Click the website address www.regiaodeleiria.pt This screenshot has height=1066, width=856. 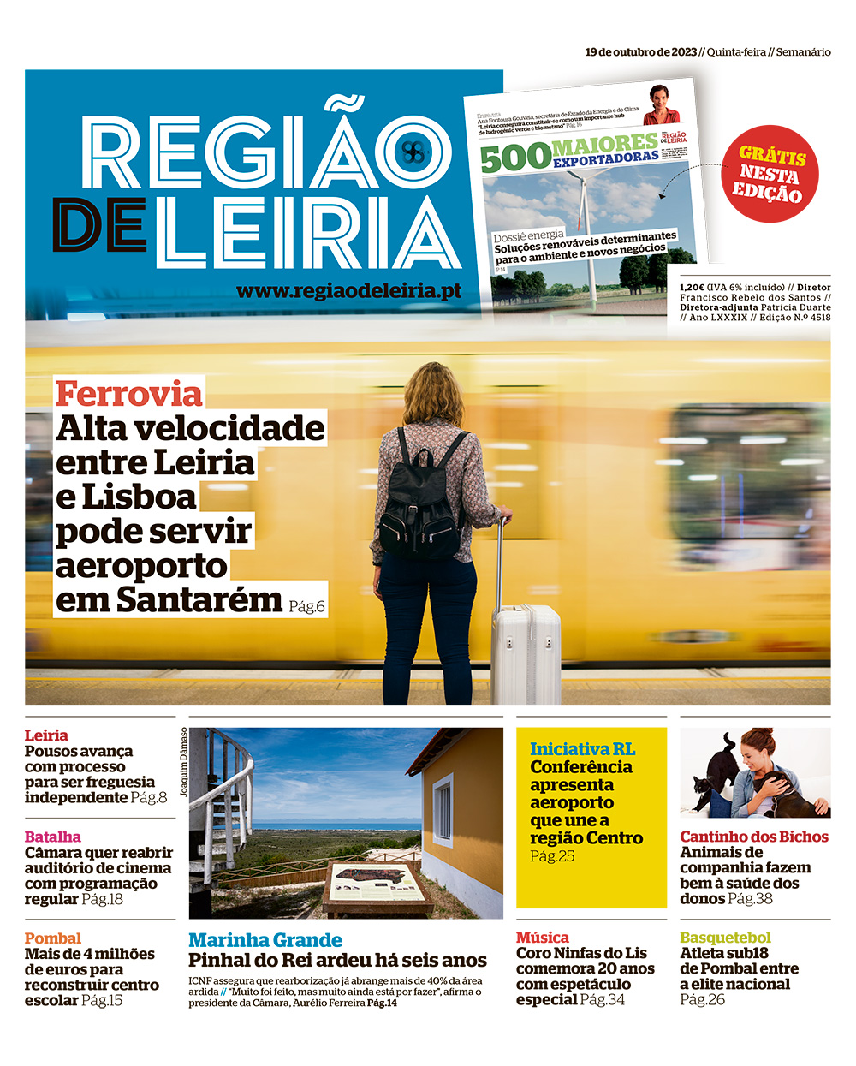348,291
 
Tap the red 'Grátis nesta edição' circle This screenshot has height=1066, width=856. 770,175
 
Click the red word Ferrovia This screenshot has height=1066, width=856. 129,394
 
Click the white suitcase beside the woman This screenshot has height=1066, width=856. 525,651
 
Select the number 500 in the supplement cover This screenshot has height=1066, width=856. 515,158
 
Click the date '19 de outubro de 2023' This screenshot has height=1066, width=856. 641,52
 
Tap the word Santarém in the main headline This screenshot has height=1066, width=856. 199,599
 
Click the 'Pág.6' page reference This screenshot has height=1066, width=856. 306,606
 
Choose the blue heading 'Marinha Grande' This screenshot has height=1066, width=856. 265,940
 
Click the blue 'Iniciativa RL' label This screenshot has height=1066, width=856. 582,749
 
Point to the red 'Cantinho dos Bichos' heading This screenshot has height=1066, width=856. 754,837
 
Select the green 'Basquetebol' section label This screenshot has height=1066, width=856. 725,938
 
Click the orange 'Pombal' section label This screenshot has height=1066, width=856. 53,938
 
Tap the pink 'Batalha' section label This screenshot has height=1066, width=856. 53,837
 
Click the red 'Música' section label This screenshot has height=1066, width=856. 543,938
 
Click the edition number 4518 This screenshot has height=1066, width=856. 820,318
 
